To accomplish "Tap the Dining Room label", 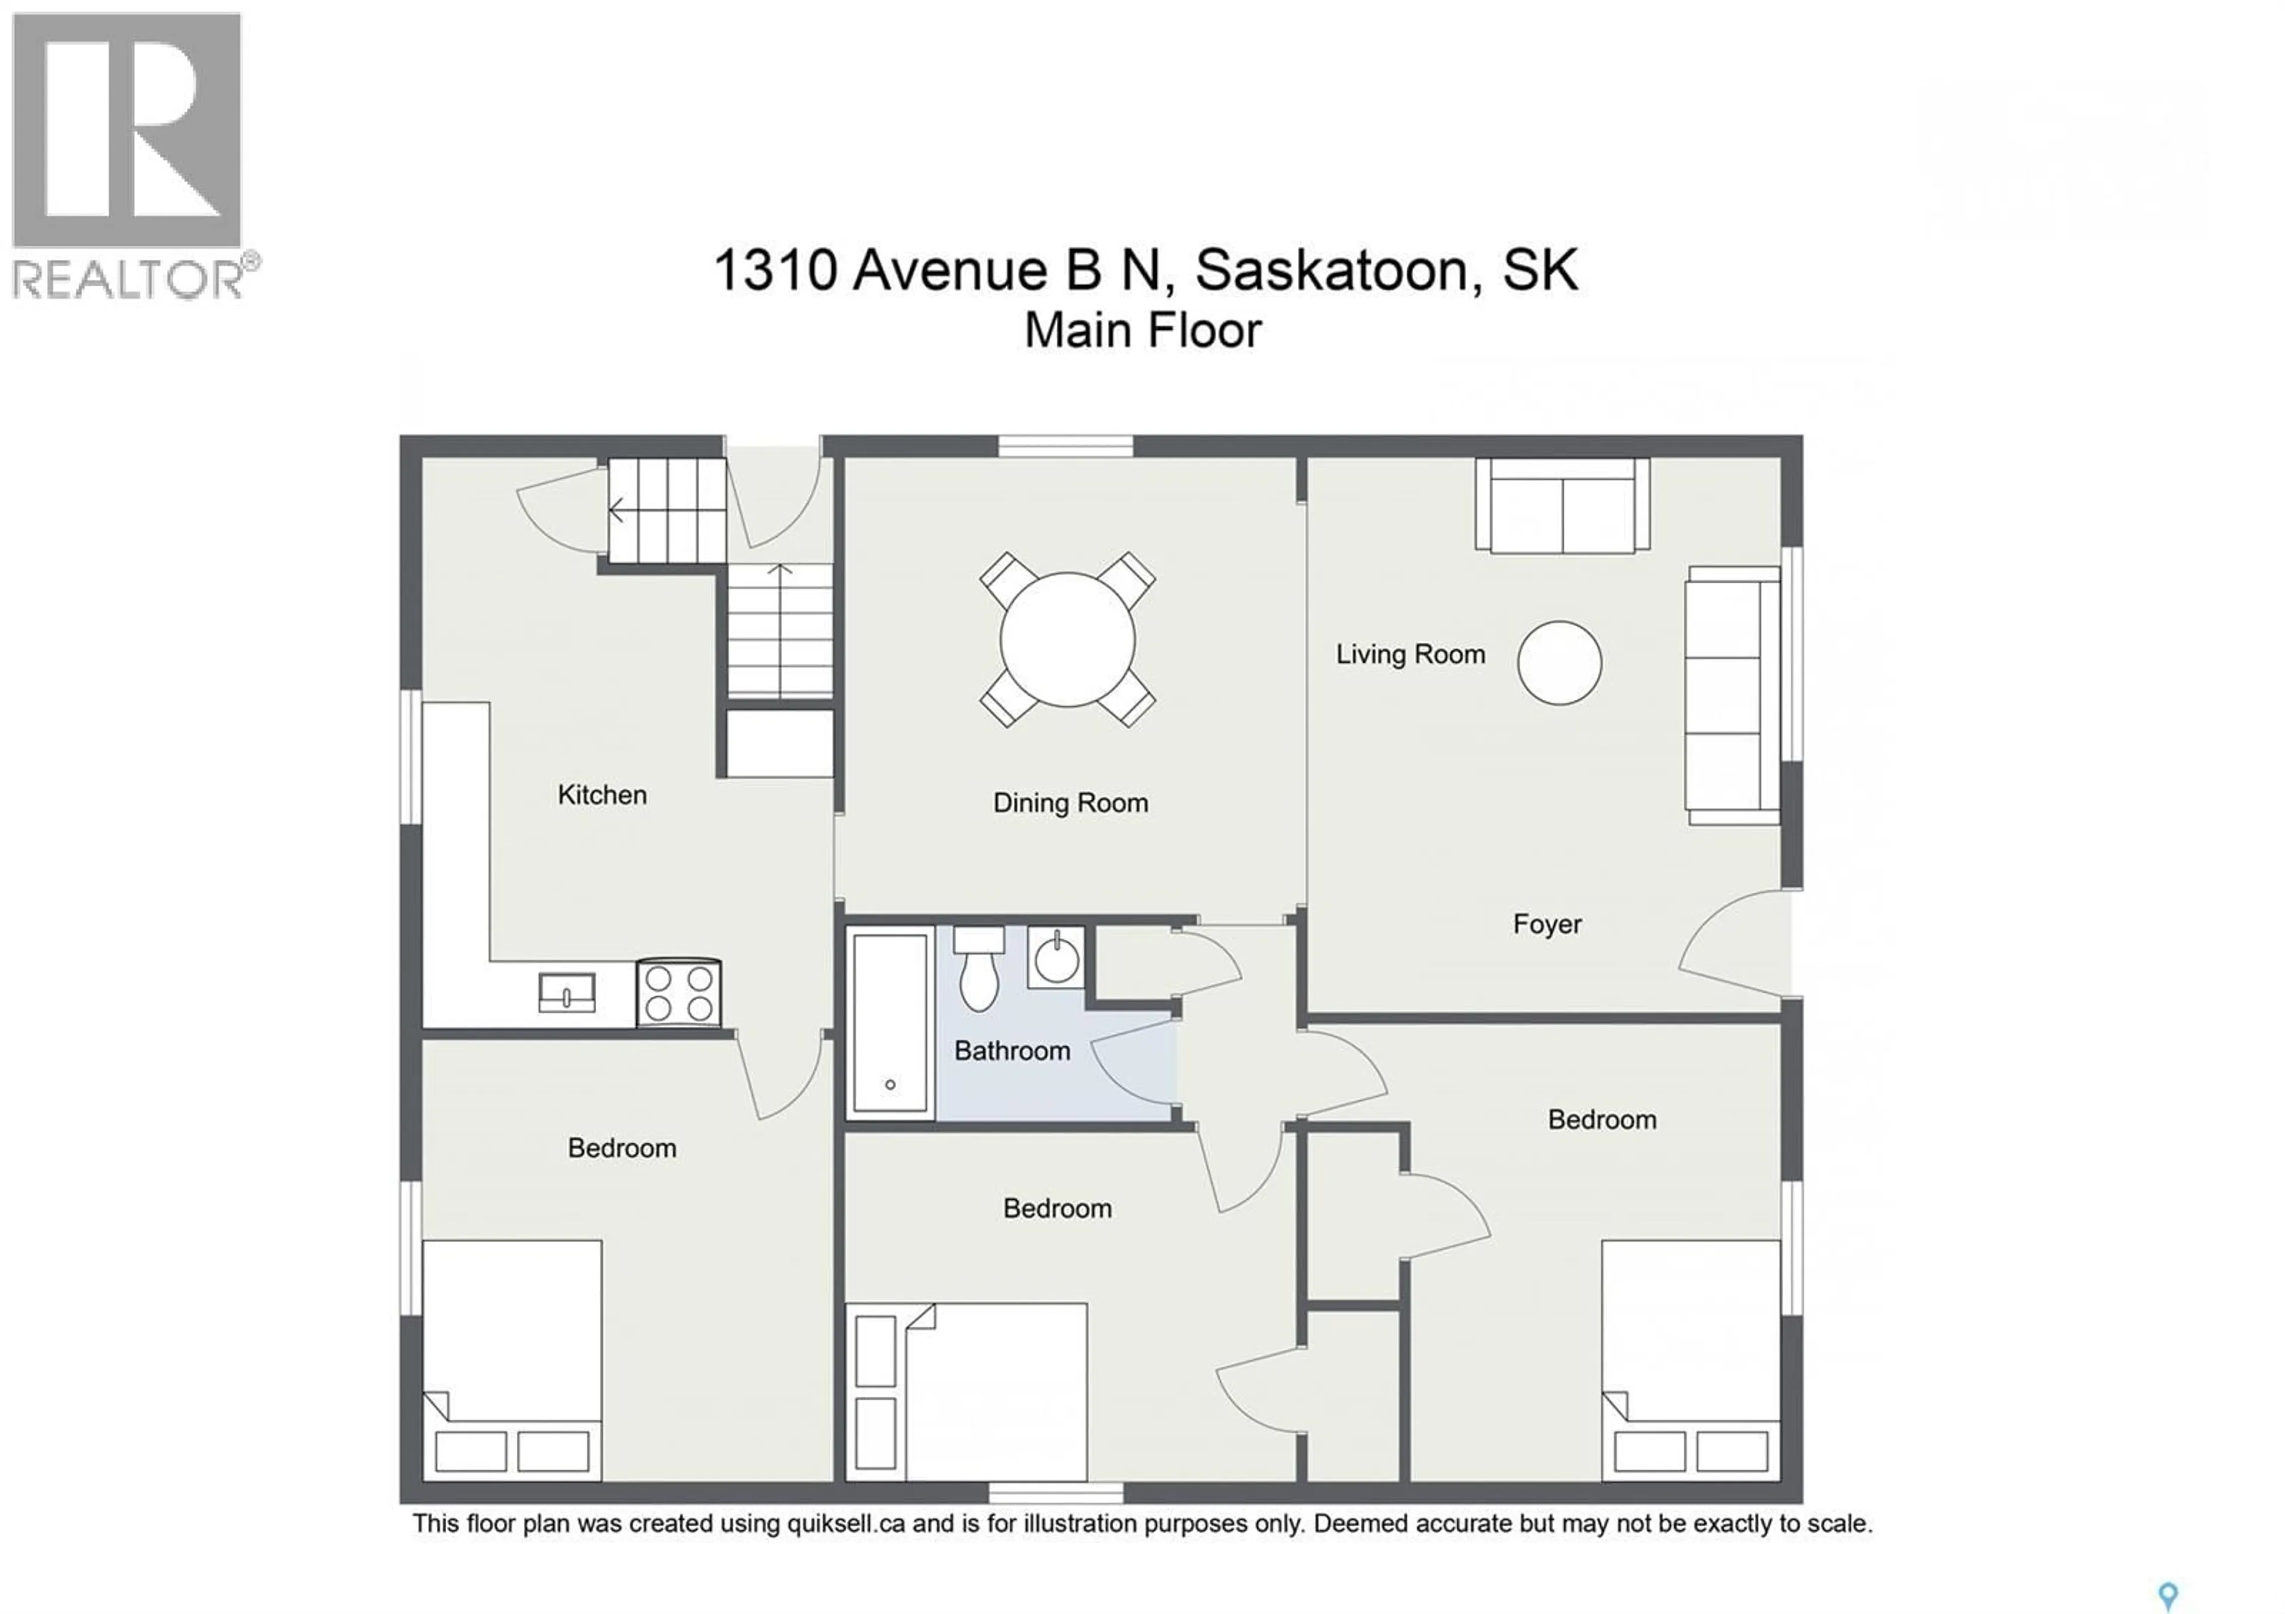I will tap(1070, 803).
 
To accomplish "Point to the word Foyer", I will tap(1547, 924).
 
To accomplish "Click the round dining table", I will tap(1067, 639).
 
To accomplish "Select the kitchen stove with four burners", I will tap(679, 993).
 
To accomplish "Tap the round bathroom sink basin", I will tap(1056, 960).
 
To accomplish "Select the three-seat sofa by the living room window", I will tap(1732, 695).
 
